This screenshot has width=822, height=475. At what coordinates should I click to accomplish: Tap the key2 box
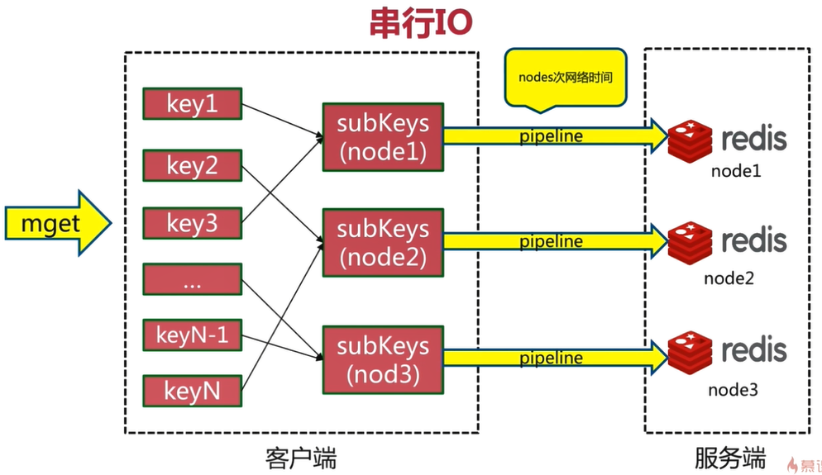point(193,164)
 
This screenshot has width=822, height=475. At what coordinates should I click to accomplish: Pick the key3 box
point(193,222)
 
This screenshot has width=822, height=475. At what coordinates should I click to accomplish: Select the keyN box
point(193,389)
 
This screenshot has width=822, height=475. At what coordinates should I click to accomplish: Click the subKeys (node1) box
point(383,137)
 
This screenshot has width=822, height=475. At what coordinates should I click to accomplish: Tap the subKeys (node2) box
point(383,242)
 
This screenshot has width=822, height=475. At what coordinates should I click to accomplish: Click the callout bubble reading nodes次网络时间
point(565,78)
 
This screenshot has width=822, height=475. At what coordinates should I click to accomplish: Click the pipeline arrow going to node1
point(554,136)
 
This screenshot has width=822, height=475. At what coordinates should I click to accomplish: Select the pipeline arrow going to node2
point(554,241)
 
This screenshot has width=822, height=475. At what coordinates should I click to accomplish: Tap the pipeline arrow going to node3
point(554,358)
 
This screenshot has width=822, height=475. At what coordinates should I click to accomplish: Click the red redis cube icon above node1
point(690,140)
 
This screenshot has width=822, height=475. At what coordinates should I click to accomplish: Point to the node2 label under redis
point(729,278)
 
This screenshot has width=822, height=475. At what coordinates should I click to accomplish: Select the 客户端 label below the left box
point(301,458)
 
